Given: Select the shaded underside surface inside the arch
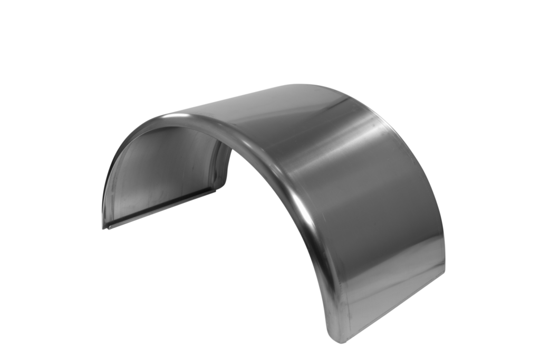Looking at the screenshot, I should (x=158, y=174).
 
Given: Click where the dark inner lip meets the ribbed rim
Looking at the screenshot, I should (x=215, y=189).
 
